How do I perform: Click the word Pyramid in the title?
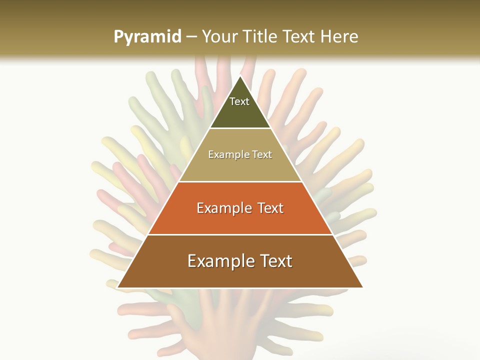click(147, 37)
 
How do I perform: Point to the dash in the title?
click(191, 37)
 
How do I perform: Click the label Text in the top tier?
click(239, 101)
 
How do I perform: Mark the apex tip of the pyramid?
click(240, 76)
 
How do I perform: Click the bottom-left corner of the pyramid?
click(117, 287)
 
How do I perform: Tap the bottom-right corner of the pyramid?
click(362, 287)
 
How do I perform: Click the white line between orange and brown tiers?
click(240, 234)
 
